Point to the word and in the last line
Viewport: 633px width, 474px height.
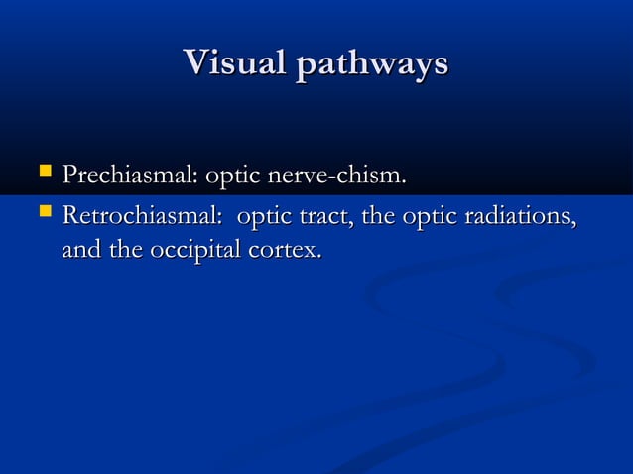click(82, 251)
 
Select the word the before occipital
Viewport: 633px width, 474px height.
click(126, 251)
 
